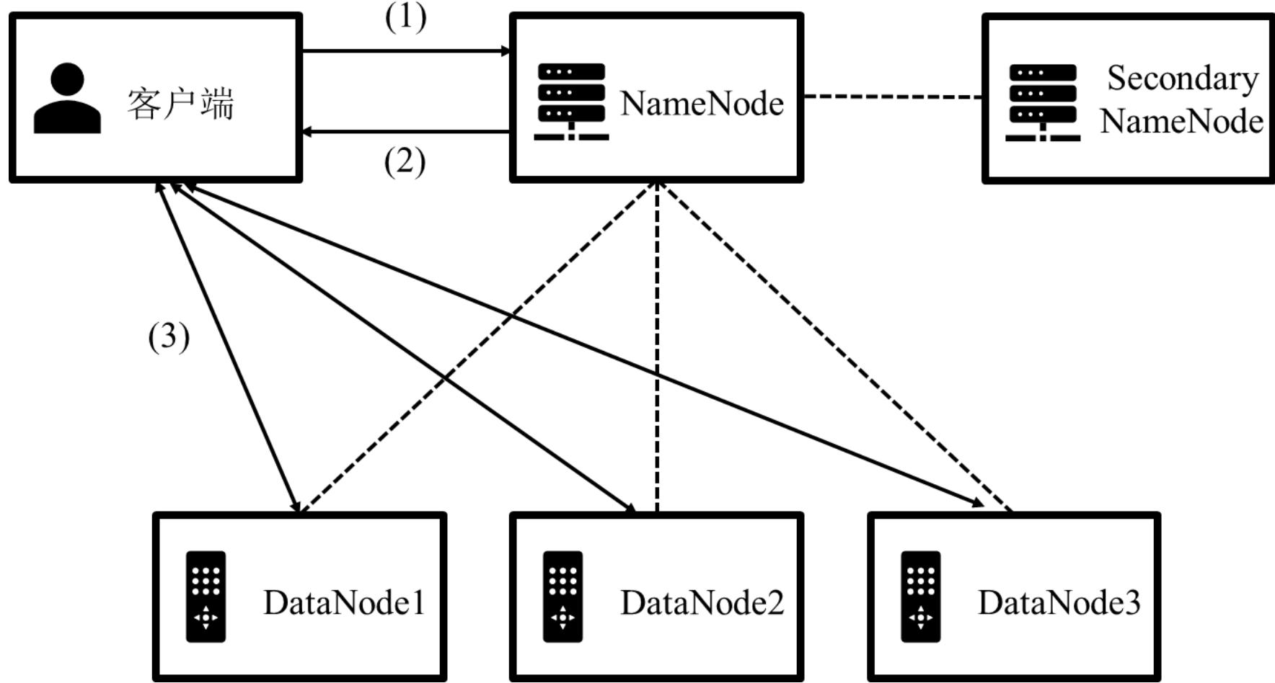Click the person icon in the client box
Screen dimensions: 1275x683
pos(67,98)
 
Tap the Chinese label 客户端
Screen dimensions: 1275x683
pos(181,104)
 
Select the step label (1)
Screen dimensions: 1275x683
pos(405,17)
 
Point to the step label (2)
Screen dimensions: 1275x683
pos(405,161)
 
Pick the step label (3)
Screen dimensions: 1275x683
pos(169,336)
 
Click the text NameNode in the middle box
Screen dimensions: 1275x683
pos(702,103)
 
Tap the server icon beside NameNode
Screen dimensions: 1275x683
pos(571,102)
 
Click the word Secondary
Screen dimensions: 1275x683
pos(1183,79)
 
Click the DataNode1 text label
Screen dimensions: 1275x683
pos(344,602)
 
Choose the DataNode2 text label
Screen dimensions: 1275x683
pos(702,602)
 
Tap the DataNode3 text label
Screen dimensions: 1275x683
pos(1059,602)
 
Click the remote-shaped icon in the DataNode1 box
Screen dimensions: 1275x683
pos(206,597)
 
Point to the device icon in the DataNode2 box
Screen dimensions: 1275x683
pos(562,597)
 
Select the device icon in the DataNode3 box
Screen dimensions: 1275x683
pos(920,597)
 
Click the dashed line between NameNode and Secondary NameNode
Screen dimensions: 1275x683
pos(893,96)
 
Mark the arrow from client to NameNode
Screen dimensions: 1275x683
pos(406,51)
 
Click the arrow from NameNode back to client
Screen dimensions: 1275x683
pos(406,132)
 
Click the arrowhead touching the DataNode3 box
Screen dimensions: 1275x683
pos(978,503)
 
